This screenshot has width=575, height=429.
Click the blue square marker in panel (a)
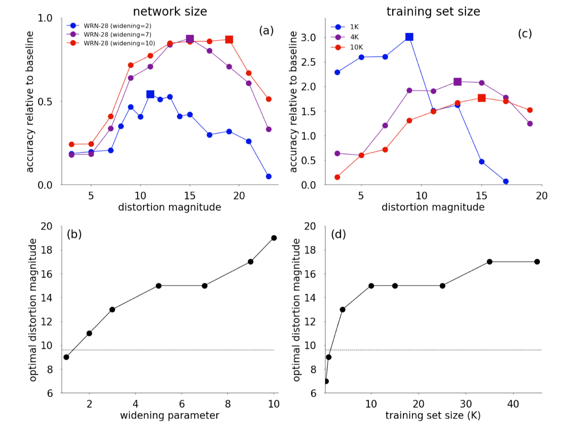pyautogui.click(x=150, y=94)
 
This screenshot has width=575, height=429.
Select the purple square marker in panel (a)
pyautogui.click(x=190, y=39)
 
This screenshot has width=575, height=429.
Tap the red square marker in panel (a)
pyautogui.click(x=229, y=40)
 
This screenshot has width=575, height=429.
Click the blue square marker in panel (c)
pyautogui.click(x=409, y=37)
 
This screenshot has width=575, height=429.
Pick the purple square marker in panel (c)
pyautogui.click(x=457, y=82)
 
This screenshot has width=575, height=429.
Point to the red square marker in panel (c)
pyautogui.click(x=481, y=98)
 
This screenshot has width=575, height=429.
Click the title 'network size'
pyautogui.click(x=170, y=11)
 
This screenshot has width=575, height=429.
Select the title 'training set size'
pyautogui.click(x=433, y=11)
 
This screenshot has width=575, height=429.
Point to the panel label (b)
pyautogui.click(x=74, y=234)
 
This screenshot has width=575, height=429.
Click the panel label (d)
pyautogui.click(x=338, y=234)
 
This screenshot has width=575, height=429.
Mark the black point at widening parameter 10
pyautogui.click(x=274, y=238)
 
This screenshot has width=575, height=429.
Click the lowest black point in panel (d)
pyautogui.click(x=326, y=381)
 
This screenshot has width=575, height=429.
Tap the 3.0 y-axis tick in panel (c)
pyautogui.click(x=308, y=37)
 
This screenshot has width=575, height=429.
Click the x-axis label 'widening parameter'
pyautogui.click(x=170, y=416)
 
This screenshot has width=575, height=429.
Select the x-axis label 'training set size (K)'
pyautogui.click(x=433, y=416)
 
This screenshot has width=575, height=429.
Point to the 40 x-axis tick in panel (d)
pyautogui.click(x=513, y=404)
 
